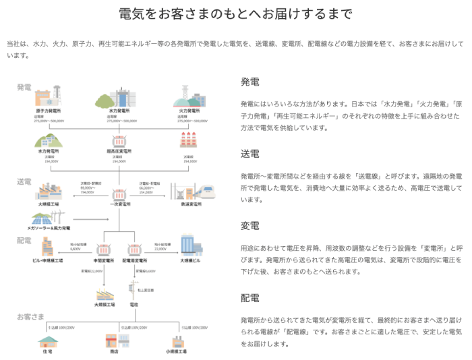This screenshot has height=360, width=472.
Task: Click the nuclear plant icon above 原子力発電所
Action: coord(48,95)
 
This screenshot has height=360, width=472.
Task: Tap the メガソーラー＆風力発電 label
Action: coord(48,229)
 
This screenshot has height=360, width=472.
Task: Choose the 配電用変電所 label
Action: coord(135,260)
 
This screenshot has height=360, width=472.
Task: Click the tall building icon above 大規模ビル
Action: coord(191,245)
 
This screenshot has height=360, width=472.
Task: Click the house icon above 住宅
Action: coord(47,341)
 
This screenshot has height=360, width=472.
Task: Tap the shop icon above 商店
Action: coord(113,341)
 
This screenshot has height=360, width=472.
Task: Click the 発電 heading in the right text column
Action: coord(250,82)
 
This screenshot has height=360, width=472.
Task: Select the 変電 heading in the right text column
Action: coord(250,225)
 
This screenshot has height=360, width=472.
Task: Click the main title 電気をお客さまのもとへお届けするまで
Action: coord(235,14)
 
